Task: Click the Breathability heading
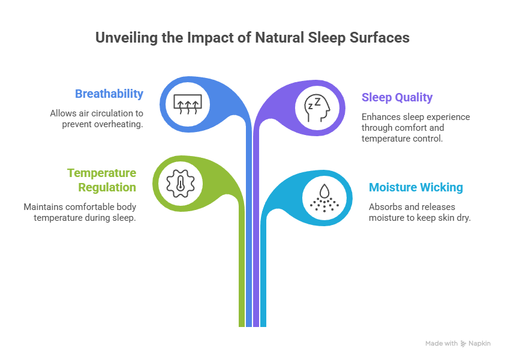point(109,94)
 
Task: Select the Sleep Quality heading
point(396,97)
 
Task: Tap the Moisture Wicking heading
point(416,187)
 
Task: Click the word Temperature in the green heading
point(101,173)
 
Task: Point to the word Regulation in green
point(107,187)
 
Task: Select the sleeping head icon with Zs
point(316,107)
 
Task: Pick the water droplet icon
point(324,197)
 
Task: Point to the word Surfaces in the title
point(382,38)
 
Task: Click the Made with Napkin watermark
point(458,344)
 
